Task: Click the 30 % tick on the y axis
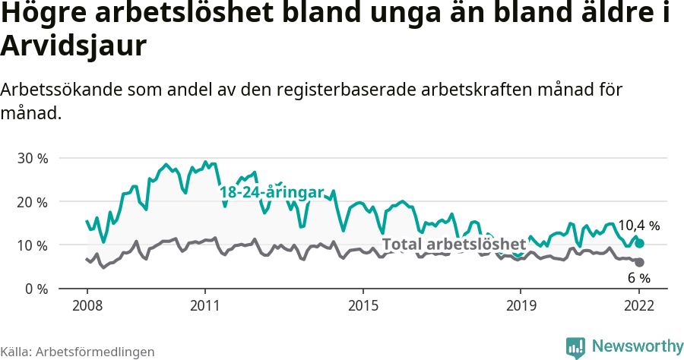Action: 32,159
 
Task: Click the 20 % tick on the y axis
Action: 32,202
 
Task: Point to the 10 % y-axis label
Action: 32,245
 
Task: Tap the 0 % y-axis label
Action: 36,289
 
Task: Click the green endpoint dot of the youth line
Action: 639,243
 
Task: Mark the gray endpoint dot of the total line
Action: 639,262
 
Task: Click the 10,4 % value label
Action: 638,226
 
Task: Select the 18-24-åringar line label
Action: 272,193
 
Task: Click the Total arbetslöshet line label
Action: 454,245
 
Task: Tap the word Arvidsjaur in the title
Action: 73,46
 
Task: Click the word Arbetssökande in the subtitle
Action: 55,90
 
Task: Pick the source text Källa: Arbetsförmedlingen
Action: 78,352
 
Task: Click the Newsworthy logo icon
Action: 575,347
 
